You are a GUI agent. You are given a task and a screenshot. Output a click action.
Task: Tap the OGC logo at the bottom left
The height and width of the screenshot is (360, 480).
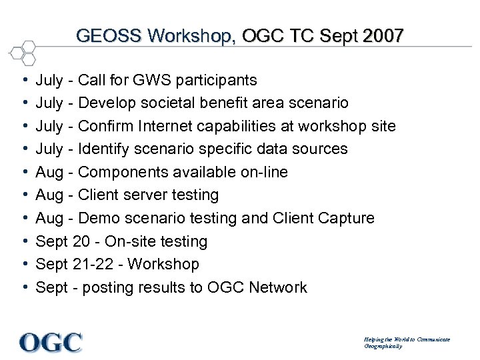point(51,342)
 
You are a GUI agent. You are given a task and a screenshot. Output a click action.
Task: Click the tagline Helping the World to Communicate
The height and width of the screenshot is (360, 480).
point(407,339)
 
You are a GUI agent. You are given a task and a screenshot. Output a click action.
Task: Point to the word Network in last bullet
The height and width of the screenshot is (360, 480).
point(277,287)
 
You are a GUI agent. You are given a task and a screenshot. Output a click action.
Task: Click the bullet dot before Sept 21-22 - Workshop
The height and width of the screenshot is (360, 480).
point(24,264)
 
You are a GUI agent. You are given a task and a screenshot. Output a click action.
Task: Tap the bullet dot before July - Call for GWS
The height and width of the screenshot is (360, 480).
point(24,81)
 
